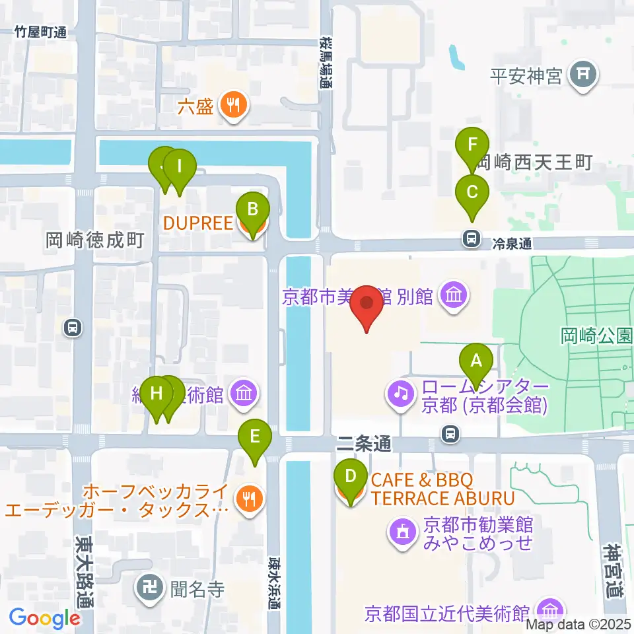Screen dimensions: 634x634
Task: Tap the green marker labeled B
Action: click(x=252, y=210)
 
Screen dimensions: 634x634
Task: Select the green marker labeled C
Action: click(x=472, y=192)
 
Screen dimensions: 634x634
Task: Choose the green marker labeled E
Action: click(x=255, y=436)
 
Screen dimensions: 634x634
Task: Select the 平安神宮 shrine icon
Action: click(x=583, y=74)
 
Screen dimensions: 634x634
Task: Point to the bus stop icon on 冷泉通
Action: click(x=472, y=238)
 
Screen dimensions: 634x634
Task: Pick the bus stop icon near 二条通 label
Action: click(x=450, y=434)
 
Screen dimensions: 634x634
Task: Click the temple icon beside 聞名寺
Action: click(x=147, y=585)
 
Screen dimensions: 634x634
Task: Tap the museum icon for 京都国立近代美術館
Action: click(x=549, y=610)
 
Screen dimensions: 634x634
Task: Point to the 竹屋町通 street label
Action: click(x=42, y=32)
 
